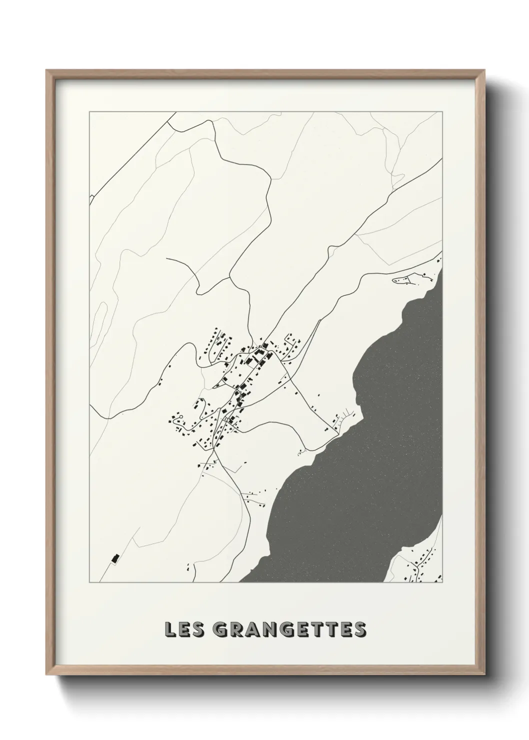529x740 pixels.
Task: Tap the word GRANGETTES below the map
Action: click(289, 629)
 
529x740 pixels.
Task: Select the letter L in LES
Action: click(170, 629)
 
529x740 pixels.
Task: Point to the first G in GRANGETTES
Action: click(221, 629)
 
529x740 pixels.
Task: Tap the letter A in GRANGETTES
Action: click(255, 629)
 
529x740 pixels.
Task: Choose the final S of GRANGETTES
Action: click(359, 629)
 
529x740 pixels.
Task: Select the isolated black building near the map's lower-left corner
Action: click(115, 558)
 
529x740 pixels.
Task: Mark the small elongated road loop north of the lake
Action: click(407, 279)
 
